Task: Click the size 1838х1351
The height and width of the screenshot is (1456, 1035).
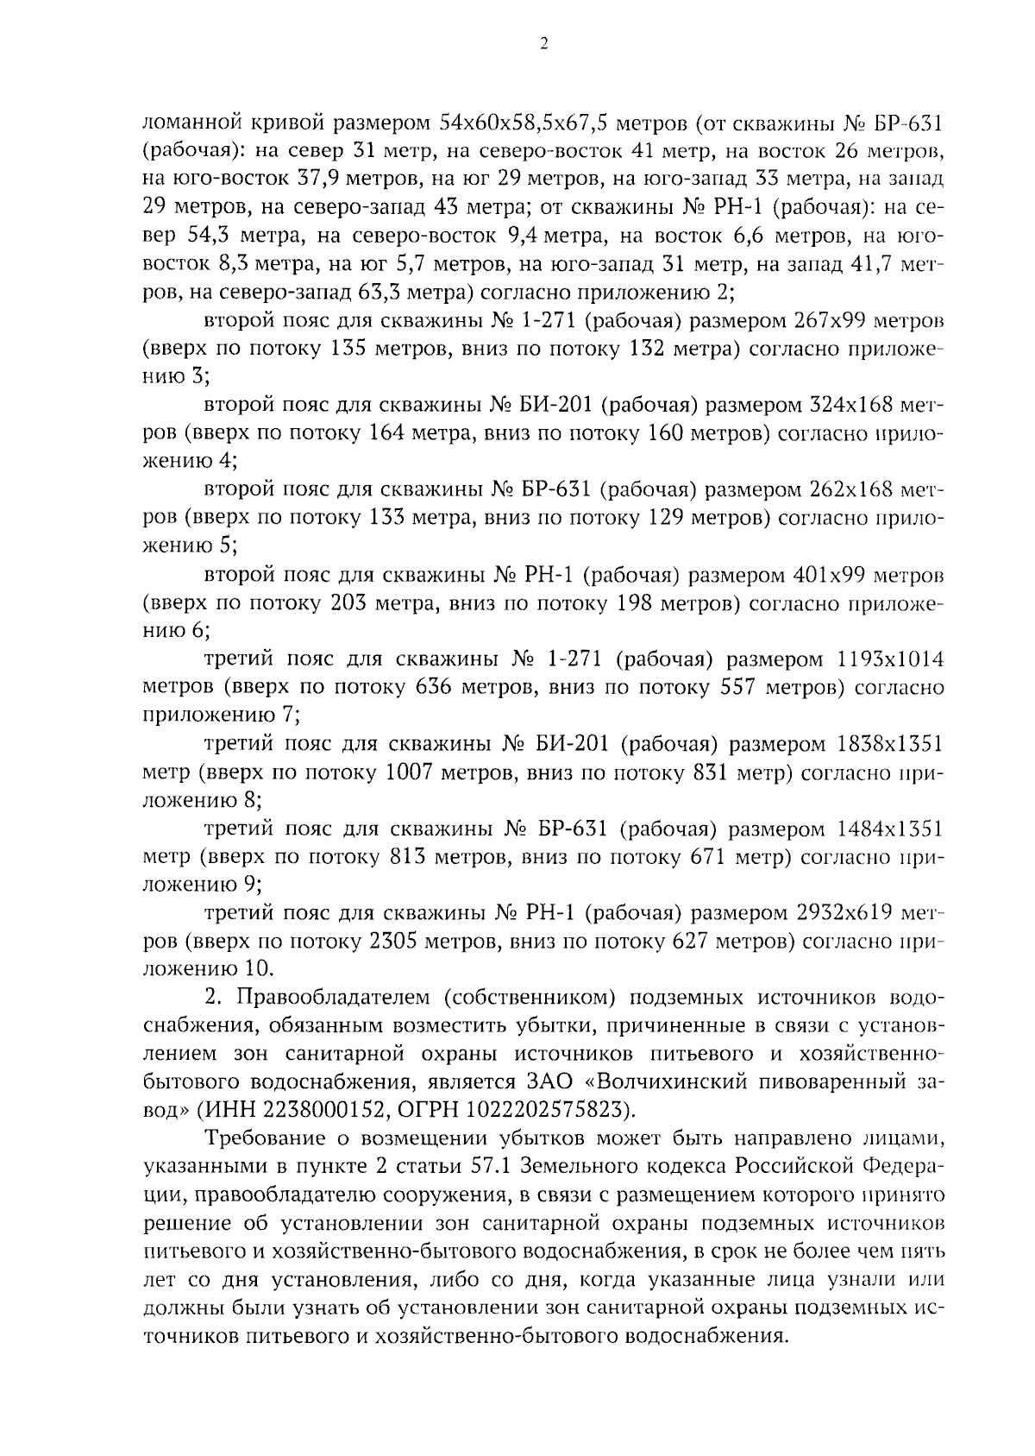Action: pyautogui.click(x=890, y=745)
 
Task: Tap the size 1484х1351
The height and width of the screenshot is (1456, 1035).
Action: pyautogui.click(x=890, y=829)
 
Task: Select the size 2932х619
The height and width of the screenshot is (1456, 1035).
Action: pyautogui.click(x=854, y=913)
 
